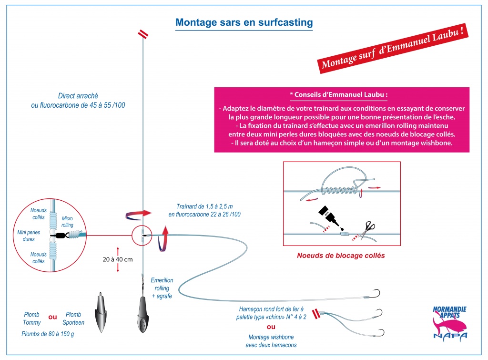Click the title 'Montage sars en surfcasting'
[244, 22]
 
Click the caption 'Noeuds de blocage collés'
[341, 256]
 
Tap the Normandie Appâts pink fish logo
[450, 323]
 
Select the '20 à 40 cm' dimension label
[118, 259]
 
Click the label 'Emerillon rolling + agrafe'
[162, 288]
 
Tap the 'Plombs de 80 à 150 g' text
[48, 334]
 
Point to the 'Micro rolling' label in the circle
[67, 221]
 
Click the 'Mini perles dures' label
[29, 236]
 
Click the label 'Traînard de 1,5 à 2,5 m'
[204, 206]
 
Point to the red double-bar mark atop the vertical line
[143, 34]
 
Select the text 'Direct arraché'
[78, 96]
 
